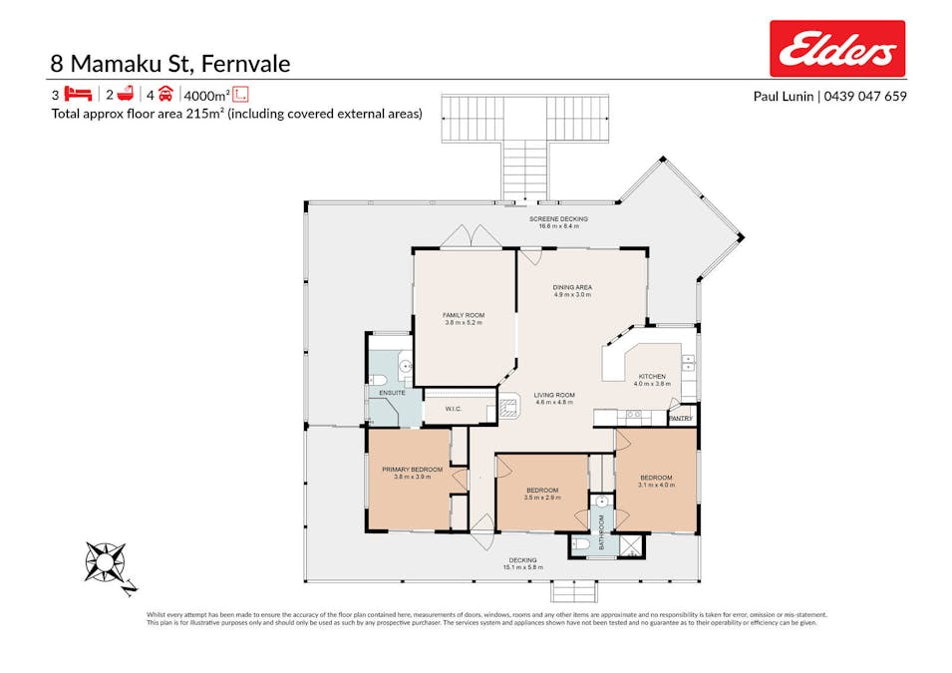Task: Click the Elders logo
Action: (836, 49)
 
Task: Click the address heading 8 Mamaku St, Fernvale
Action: (170, 64)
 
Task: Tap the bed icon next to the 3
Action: (78, 95)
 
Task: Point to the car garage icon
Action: (165, 95)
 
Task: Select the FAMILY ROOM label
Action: (463, 315)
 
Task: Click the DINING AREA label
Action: (572, 287)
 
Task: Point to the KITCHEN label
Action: (652, 376)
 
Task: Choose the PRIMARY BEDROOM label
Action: (412, 469)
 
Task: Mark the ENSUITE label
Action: (392, 394)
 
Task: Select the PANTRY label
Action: (681, 419)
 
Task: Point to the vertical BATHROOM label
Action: (602, 529)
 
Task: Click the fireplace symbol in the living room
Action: (508, 406)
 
